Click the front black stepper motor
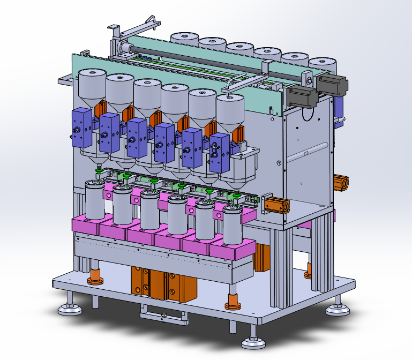302,97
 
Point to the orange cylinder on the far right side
341,183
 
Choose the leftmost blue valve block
82,127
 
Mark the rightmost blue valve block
220,153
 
